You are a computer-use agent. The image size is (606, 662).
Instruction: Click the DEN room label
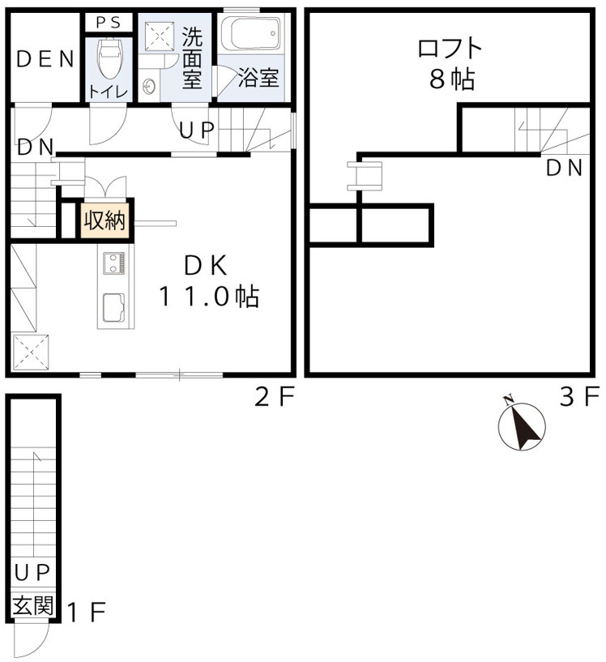(x=45, y=59)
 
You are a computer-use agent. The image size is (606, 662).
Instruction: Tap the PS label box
(x=109, y=23)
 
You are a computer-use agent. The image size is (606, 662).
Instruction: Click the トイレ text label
(x=108, y=91)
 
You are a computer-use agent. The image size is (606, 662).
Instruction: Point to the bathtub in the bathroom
(x=251, y=34)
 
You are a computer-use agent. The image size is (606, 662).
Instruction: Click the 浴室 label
(x=258, y=77)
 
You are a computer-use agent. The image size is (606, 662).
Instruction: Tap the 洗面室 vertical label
(x=192, y=58)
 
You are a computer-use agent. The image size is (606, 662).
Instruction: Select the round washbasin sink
(x=149, y=87)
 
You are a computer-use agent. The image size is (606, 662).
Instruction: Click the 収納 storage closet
(x=105, y=220)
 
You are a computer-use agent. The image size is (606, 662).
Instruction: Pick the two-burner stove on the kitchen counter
(x=114, y=263)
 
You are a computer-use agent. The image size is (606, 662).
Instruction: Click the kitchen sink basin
(x=113, y=307)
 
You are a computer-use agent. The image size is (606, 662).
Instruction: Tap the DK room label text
(x=207, y=266)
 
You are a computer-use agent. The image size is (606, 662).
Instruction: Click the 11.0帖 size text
(x=209, y=297)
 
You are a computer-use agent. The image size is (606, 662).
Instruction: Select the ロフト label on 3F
(x=450, y=48)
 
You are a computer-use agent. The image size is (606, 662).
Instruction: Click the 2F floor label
(x=275, y=397)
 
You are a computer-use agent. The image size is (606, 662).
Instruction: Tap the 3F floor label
(x=579, y=397)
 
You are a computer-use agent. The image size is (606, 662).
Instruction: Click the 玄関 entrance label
(x=33, y=606)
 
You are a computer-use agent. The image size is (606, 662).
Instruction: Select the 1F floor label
(x=87, y=613)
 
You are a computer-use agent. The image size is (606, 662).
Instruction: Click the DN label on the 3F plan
(x=564, y=168)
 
